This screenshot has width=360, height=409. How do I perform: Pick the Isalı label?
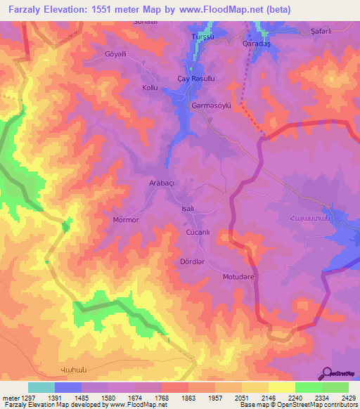point(188,209)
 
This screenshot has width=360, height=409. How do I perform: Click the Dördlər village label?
point(192,261)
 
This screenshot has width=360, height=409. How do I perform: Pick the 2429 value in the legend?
point(340,398)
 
